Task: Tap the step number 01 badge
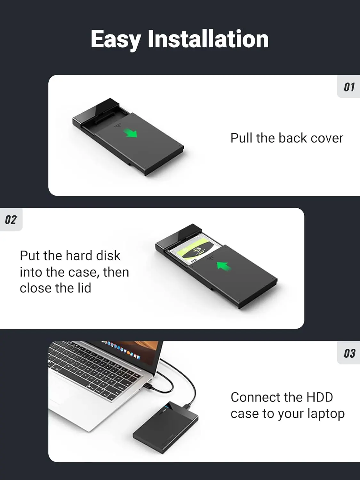point(349,87)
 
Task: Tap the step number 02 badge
point(11,220)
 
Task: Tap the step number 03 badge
point(349,353)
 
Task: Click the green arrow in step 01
point(131,133)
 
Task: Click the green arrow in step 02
point(224,266)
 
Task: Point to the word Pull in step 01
point(242,138)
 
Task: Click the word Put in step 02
point(30,255)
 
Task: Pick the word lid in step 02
point(84,288)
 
